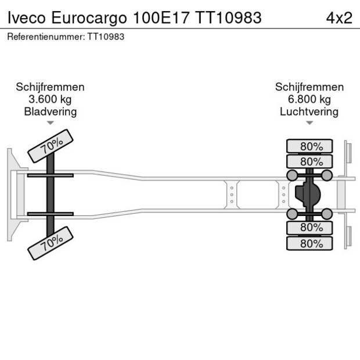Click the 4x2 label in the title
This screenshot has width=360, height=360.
coord(339,17)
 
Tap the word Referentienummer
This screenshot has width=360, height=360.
coord(46,37)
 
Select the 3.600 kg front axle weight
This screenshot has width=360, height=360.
coord(51,99)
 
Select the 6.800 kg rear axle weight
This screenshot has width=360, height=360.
coord(309,99)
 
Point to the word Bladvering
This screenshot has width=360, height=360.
coord(51,111)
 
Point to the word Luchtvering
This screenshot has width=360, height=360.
coord(309,111)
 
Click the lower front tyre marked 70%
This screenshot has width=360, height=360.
coord(51,242)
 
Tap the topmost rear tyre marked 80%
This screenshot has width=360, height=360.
coord(309,146)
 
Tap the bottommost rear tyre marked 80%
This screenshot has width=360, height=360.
coord(309,244)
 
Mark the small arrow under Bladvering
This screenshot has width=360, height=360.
coord(51,123)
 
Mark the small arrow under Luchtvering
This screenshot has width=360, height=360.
coord(309,123)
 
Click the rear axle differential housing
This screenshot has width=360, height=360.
coord(307,195)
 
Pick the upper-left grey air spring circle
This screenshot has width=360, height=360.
coord(291,175)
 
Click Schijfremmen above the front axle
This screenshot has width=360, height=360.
coord(51,87)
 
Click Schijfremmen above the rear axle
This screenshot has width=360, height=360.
coord(309,87)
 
